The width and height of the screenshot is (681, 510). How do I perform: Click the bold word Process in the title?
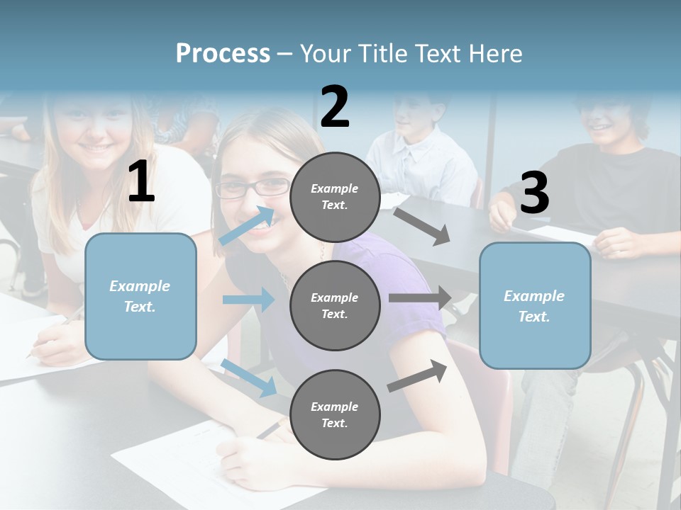point(223,53)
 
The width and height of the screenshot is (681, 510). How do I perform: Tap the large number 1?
point(141,182)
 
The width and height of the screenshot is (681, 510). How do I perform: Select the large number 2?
point(335,107)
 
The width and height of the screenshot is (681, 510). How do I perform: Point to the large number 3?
point(534,193)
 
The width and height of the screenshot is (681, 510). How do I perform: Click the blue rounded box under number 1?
point(140,296)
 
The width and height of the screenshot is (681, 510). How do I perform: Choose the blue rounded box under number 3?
point(535,306)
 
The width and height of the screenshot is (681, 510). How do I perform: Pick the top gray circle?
point(335,197)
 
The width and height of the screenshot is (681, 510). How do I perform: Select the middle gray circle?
point(335,305)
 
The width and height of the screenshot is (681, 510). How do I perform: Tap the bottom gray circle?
point(335,414)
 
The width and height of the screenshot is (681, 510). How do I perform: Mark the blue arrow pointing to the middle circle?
point(248,300)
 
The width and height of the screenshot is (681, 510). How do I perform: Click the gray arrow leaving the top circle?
point(422,226)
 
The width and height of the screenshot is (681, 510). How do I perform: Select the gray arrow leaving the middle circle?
point(420,297)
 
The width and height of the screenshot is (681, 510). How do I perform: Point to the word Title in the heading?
point(384,53)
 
